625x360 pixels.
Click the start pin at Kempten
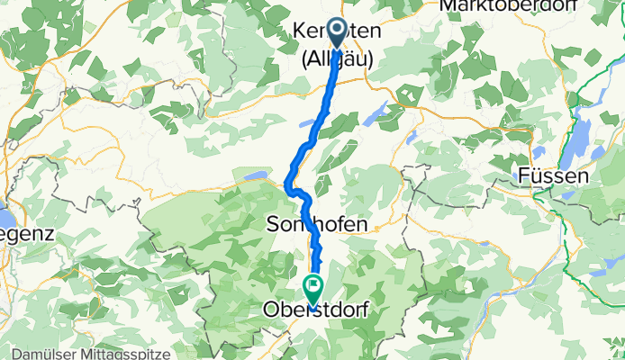point(339,33)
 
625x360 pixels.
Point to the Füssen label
point(555,177)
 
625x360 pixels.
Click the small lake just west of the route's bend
point(255,176)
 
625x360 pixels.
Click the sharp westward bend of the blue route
point(288,187)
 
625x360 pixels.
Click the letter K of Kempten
point(299,32)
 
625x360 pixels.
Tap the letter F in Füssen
point(525,177)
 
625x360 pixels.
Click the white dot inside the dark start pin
point(339,29)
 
